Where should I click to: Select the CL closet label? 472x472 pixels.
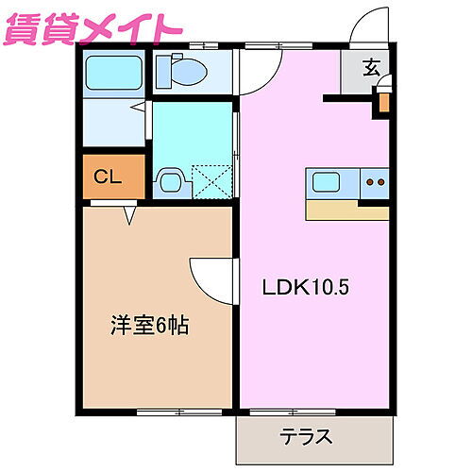(x=106, y=177)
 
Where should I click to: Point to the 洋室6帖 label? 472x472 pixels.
(x=146, y=327)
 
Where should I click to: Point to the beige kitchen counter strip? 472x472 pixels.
(x=346, y=210)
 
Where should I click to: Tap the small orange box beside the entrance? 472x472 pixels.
(x=383, y=102)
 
